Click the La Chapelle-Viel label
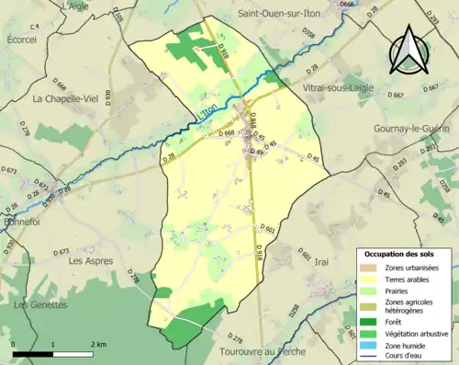coord(66,98)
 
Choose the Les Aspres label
coord(91,260)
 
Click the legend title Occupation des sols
coord(401,253)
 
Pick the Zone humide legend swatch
coord(370,347)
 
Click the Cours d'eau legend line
coord(370,358)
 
